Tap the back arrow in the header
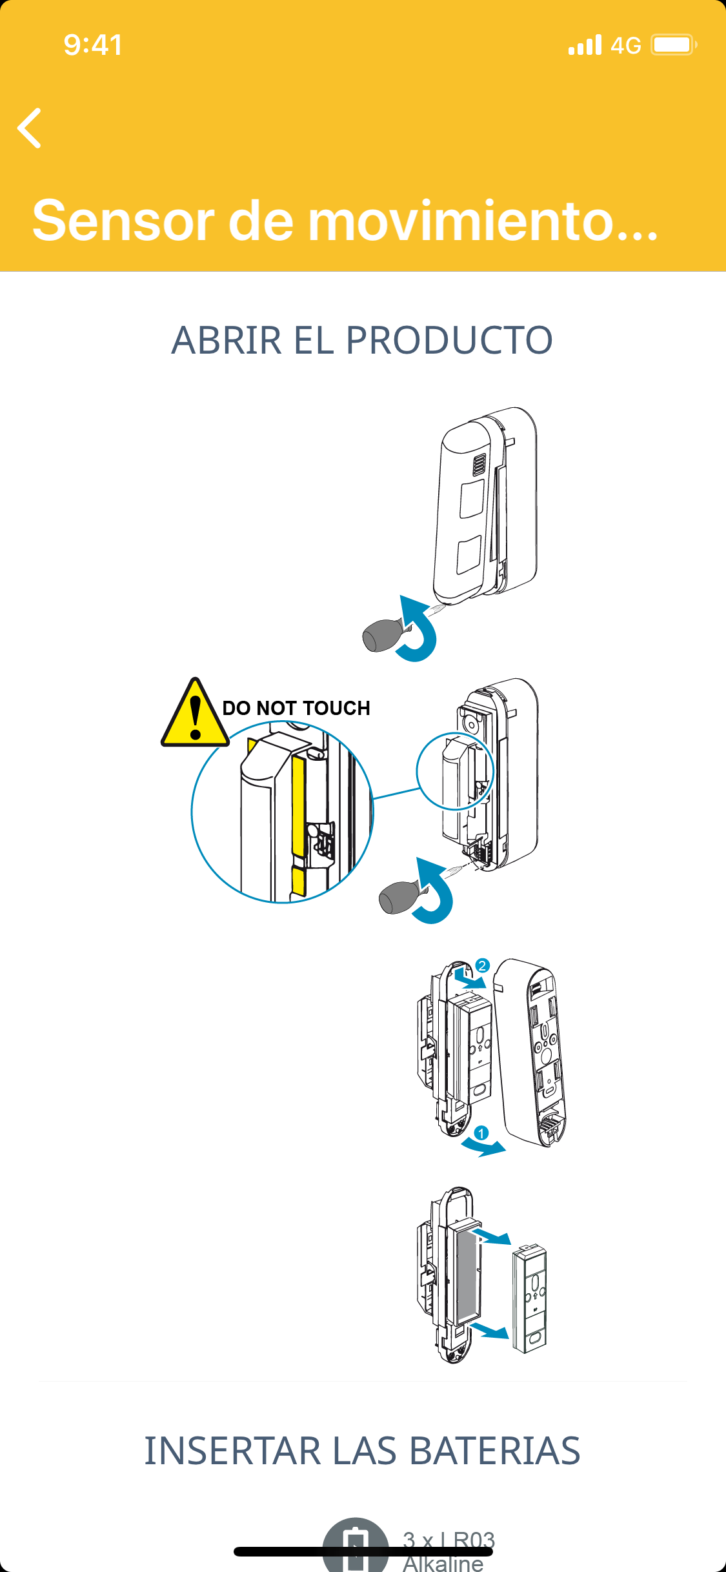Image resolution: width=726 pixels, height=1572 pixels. [30, 128]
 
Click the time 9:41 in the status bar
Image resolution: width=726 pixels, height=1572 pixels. [93, 45]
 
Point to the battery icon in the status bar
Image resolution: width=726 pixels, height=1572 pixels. [673, 45]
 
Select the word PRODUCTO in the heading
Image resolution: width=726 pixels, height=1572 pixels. [449, 340]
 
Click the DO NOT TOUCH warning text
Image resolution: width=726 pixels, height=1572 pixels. [296, 708]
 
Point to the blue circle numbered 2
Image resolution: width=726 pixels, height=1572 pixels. [482, 966]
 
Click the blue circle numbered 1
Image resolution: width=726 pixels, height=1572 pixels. [481, 1133]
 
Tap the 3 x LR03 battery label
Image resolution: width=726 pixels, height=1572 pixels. [449, 1540]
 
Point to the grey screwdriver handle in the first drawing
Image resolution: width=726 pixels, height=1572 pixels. [382, 635]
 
